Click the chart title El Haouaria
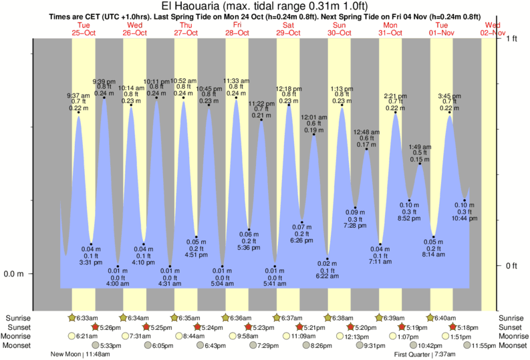click(x=264, y=6)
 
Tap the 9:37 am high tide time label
click(x=78, y=95)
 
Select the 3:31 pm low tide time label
click(x=91, y=262)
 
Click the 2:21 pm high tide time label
click(x=395, y=95)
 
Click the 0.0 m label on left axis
click(x=15, y=274)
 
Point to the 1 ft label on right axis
click(x=512, y=39)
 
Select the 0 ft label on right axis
click(x=512, y=266)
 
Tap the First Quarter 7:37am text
click(x=424, y=355)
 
